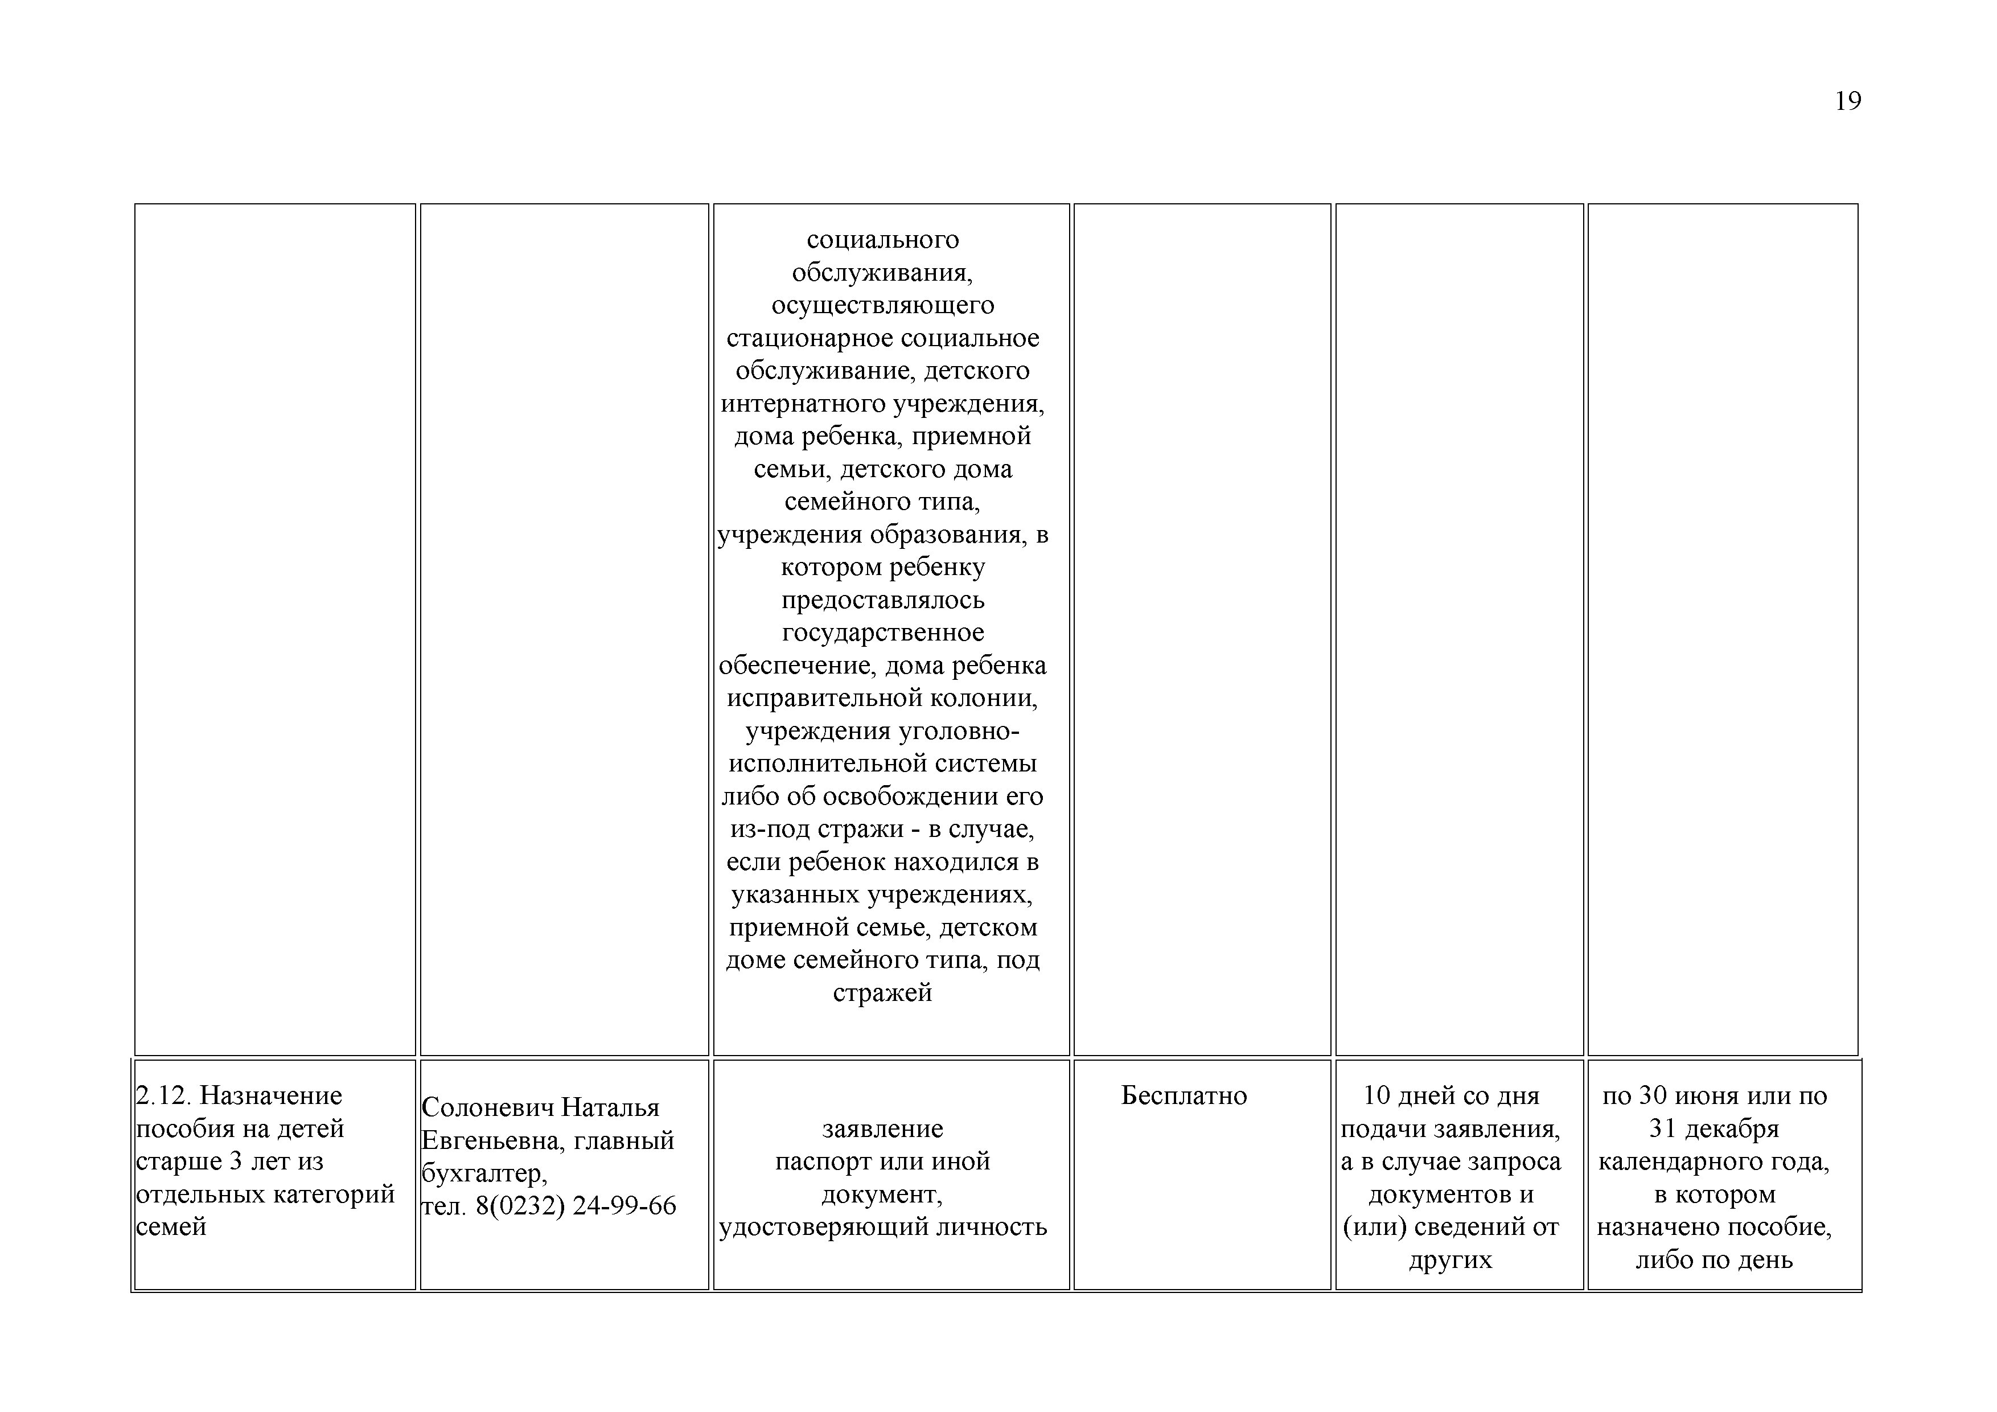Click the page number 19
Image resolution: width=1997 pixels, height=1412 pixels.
(x=1847, y=102)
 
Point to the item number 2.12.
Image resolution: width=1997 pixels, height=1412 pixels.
(x=165, y=1096)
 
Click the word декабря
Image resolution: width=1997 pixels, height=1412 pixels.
(x=1735, y=1129)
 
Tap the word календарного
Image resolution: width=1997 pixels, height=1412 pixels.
(x=1680, y=1161)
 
